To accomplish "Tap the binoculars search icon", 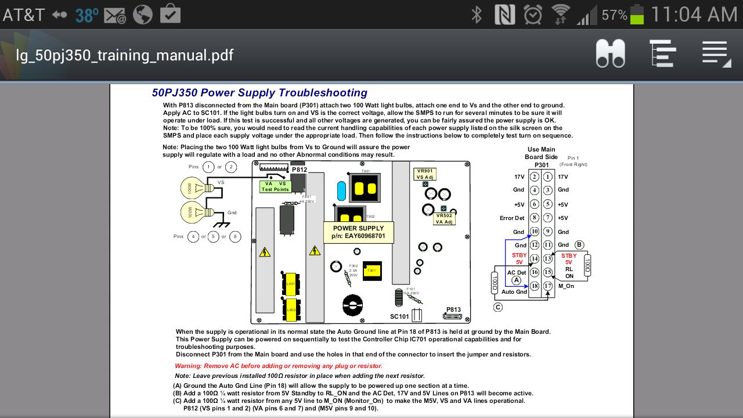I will pos(610,54).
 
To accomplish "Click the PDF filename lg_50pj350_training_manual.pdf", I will pos(125,55).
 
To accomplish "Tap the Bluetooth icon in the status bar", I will pos(477,15).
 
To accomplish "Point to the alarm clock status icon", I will pos(533,15).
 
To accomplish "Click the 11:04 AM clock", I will pos(694,15).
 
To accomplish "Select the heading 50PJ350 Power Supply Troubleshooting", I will pos(259,93).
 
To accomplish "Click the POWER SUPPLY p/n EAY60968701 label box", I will pos(358,232).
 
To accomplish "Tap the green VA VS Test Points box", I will pos(275,186).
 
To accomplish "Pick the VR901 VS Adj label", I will pos(425,174).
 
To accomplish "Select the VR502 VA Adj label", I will pos(444,219).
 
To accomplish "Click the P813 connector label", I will pos(453,310).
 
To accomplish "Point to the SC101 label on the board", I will pos(399,316).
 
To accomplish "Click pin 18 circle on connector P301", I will pos(535,286).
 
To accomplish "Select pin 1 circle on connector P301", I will pos(547,176).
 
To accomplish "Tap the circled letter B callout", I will pos(579,244).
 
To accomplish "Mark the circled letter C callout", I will pos(498,307).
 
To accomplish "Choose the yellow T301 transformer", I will pos(371,271).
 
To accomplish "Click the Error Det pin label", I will pos(511,218).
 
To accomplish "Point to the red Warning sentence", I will pos(279,366).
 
